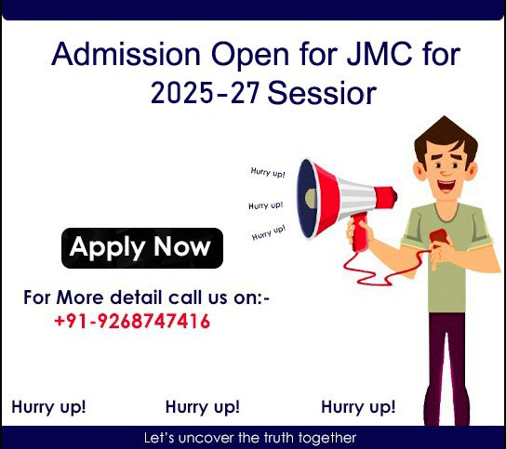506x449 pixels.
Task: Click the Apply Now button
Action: (141, 248)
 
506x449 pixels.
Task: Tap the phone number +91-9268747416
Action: (132, 323)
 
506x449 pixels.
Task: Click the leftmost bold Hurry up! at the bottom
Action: (48, 407)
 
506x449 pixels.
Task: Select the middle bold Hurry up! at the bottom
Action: (202, 407)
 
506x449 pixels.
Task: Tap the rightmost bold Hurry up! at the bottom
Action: (358, 407)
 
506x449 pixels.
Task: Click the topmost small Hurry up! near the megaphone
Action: (268, 172)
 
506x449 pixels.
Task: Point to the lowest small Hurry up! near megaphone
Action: (268, 232)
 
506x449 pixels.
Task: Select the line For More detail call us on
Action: (146, 298)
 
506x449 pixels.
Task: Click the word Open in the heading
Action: (228, 56)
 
